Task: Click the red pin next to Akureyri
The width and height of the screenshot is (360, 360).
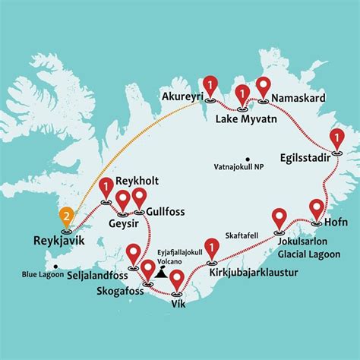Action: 209,86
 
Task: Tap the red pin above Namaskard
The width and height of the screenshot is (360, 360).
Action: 263,87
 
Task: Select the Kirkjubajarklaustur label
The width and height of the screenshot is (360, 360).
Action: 251,270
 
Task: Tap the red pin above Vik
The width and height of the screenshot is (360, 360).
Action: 177,281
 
